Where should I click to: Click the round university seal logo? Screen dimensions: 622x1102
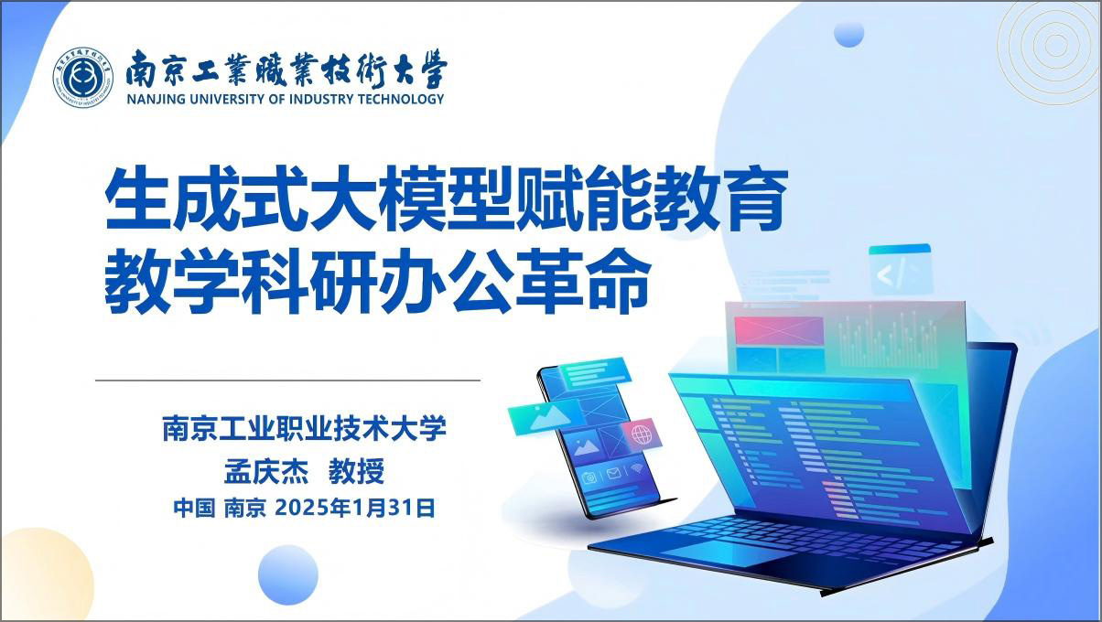pos(82,77)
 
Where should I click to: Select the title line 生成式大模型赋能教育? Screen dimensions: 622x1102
pos(446,198)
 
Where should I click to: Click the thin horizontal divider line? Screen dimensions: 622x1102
pos(287,380)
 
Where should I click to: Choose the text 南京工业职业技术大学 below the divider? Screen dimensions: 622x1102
pos(304,428)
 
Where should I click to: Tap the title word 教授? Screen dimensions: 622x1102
pos(356,471)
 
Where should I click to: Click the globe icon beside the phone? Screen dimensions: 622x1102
pos(642,434)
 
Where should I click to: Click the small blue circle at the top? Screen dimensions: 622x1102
pos(848,34)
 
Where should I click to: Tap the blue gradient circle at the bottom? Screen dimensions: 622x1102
pos(287,574)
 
